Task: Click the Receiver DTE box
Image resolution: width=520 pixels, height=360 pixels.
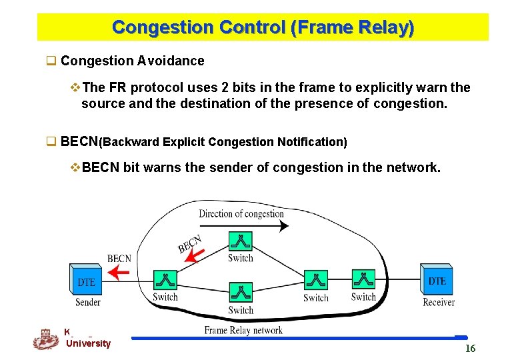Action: (x=437, y=279)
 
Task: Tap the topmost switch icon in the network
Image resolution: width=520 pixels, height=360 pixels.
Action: (x=239, y=241)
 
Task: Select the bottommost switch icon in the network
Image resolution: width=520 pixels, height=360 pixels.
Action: (x=240, y=293)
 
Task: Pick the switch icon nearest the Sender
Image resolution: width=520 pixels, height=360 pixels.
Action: (x=165, y=280)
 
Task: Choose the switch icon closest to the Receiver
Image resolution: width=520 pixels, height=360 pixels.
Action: (x=363, y=280)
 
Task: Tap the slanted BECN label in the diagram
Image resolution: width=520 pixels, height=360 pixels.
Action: (x=189, y=244)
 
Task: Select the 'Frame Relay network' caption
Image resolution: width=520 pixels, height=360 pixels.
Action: (x=243, y=330)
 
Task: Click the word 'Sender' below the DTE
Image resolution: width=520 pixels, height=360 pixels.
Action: (x=88, y=302)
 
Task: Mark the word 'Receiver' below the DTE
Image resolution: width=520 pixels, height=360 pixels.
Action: (x=438, y=302)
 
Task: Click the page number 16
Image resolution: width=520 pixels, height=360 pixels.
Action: (x=470, y=349)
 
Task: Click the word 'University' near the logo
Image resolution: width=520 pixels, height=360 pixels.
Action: (x=89, y=343)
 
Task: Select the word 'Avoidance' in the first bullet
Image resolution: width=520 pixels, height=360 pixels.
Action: (x=171, y=61)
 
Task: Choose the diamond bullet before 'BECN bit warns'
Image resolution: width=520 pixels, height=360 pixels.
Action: (x=74, y=167)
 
